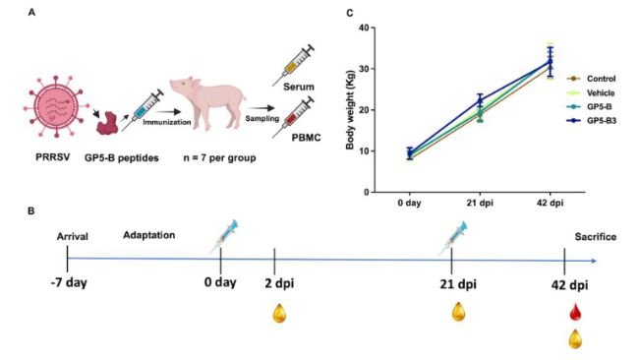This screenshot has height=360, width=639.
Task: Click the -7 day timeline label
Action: (66, 284)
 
